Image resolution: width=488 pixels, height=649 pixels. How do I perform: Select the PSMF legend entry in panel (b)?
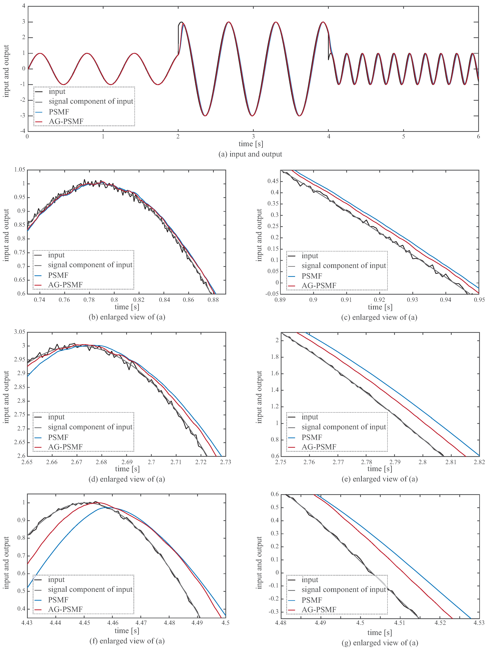coord(58,275)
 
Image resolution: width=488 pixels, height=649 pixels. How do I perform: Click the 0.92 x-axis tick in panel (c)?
coord(379,300)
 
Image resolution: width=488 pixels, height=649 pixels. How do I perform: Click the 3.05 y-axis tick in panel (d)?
coord(20,332)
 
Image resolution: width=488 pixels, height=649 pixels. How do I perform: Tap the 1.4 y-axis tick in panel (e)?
coord(275,390)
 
